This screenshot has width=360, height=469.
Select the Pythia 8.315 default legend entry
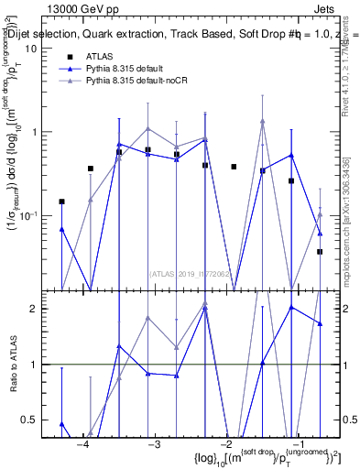[x=125, y=68]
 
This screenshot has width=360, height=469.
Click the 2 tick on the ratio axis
[x=40, y=308]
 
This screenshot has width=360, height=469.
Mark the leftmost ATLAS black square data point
[x=61, y=202]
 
